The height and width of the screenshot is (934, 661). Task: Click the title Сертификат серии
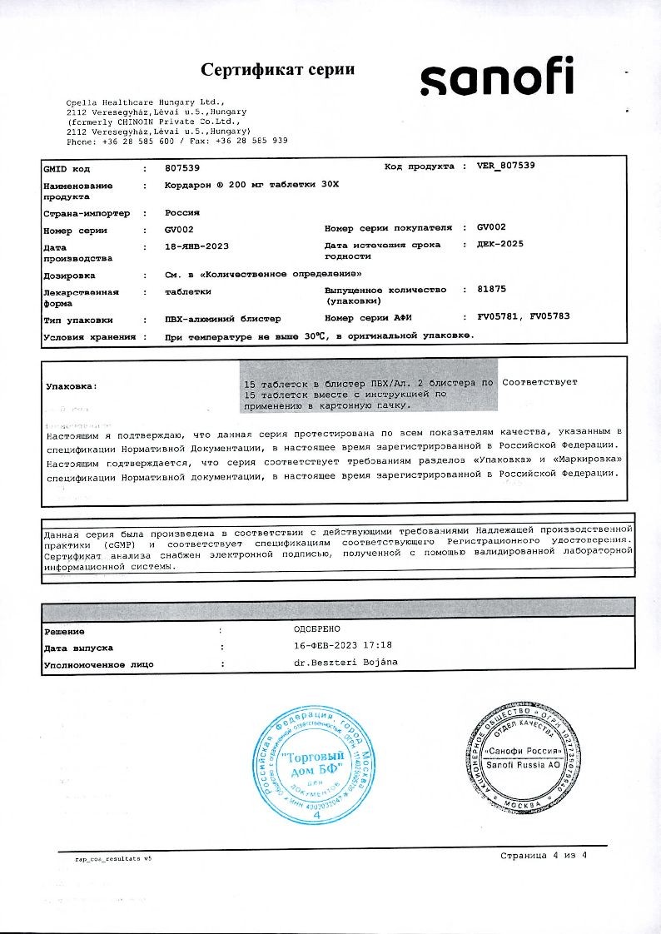point(277,69)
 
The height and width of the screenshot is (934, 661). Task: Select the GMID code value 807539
point(182,167)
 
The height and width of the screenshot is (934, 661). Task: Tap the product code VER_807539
point(506,166)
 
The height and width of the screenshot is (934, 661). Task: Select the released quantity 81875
point(492,289)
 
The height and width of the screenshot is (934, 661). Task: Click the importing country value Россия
point(183,212)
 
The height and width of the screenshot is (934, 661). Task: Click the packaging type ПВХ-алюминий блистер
point(223,319)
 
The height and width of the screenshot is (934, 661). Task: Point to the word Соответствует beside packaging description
point(540,382)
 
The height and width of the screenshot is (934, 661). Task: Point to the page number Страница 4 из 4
point(544,856)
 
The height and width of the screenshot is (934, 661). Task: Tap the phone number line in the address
point(176,141)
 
